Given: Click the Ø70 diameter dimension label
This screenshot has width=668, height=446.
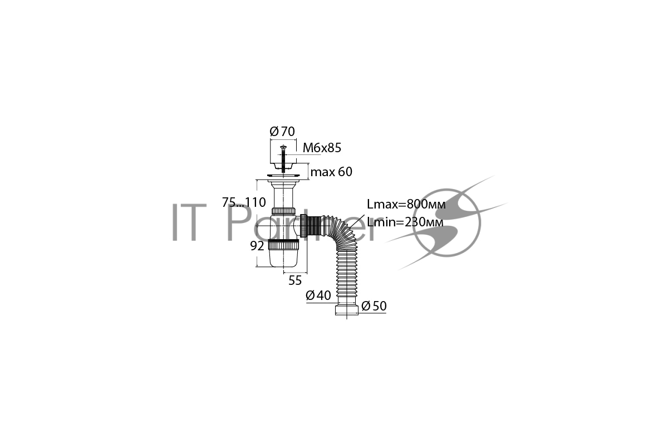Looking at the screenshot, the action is pos(282,132).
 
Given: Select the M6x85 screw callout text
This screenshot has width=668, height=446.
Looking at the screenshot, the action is pos(322,148).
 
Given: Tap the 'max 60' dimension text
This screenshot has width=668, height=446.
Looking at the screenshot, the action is pos(331,172).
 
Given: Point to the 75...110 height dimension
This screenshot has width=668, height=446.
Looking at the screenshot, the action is pos(244,202).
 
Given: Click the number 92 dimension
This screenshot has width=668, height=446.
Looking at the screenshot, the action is pos(257,246).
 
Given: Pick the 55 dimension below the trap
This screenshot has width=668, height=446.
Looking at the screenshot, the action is pos(295,280).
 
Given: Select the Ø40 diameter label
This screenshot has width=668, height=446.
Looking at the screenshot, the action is pos(318,295).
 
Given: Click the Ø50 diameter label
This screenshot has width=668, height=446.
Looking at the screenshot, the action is pos(374,306).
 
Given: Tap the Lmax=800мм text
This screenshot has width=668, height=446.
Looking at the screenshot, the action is pos(406,205).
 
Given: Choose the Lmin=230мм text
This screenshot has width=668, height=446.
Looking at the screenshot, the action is pos(405,222).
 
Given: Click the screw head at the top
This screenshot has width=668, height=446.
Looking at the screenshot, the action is pos(283,147).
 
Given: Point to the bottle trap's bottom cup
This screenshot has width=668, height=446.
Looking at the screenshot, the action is pos(283,258).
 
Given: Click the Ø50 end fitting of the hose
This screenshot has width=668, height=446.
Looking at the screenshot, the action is pos(346,309).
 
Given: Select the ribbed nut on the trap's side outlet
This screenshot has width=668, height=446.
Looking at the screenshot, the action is pos(303,226).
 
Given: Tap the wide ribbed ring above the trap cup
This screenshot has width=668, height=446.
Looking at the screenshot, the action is pos(283,245).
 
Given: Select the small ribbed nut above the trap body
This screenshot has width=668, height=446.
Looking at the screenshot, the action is pos(283,211).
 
